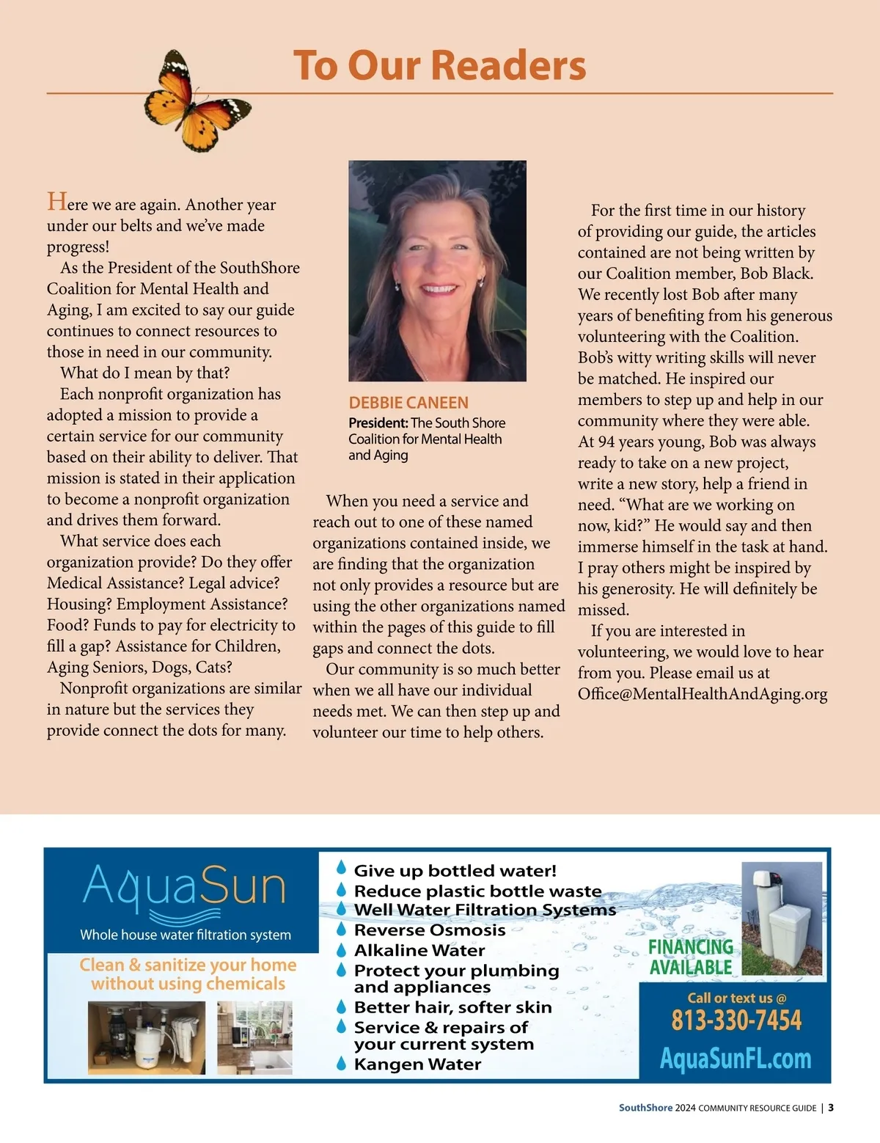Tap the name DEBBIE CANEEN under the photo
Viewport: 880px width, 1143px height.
click(408, 403)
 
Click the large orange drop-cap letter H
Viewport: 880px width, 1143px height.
click(56, 202)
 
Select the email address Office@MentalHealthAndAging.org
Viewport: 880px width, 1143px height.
click(702, 694)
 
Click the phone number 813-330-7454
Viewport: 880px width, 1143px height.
click(736, 1020)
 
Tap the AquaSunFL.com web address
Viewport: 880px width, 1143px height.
click(736, 1059)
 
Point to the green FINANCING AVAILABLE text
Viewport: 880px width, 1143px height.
click(690, 957)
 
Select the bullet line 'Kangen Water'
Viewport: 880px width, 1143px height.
click(417, 1065)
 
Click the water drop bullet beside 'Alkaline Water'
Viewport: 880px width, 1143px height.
click(341, 950)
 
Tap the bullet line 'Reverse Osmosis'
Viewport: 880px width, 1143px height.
click(429, 930)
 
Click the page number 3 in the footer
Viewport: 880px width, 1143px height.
click(831, 1108)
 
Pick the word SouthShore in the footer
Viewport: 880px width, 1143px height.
click(645, 1108)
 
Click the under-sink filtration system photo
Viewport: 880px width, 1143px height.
click(147, 1038)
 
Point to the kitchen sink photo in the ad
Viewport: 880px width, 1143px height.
click(254, 1038)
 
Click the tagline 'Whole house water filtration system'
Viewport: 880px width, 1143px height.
click(186, 935)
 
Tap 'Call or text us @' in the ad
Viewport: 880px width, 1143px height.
click(736, 998)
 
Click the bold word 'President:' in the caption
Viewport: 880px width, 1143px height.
click(378, 423)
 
